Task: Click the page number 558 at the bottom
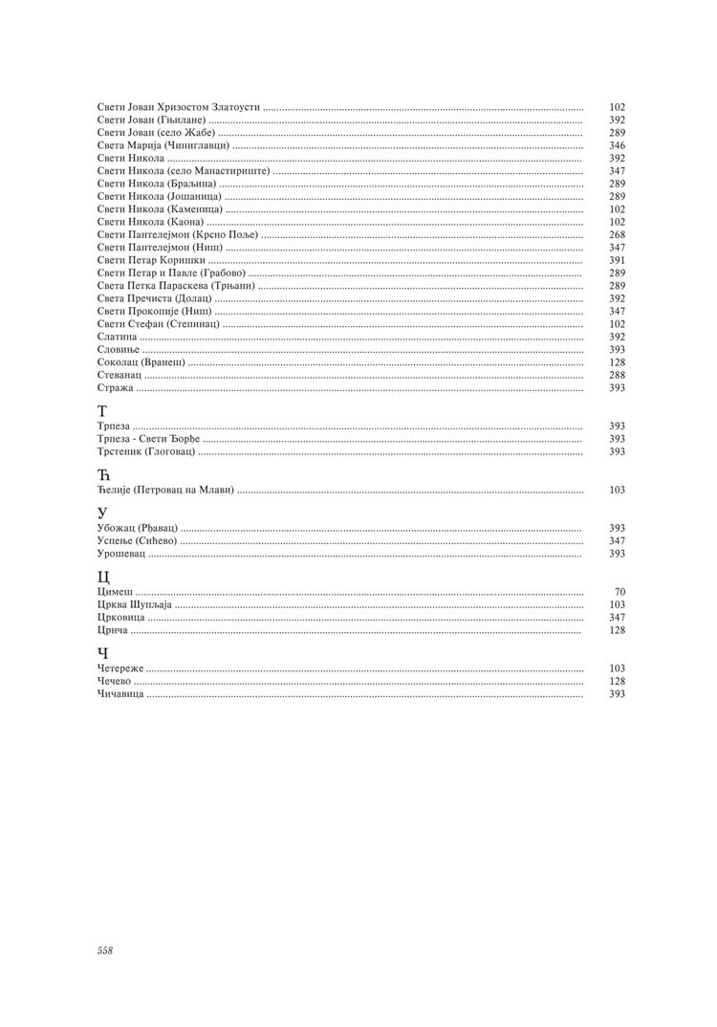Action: tap(105, 951)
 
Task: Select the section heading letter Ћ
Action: tap(104, 474)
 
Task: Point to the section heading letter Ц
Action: tap(104, 577)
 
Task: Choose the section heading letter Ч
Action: tap(103, 653)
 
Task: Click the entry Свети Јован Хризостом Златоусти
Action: tap(179, 108)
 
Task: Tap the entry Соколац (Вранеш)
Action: tap(141, 362)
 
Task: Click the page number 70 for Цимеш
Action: tap(619, 593)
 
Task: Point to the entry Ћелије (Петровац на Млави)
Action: tap(165, 490)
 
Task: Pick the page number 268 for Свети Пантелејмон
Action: tap(617, 235)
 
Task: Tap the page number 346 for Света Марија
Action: tap(617, 146)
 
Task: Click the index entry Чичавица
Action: tap(120, 693)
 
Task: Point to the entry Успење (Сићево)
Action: tap(137, 541)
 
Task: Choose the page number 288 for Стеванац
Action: tap(617, 376)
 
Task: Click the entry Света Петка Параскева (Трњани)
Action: tap(176, 286)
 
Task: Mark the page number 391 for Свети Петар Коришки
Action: tap(617, 260)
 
